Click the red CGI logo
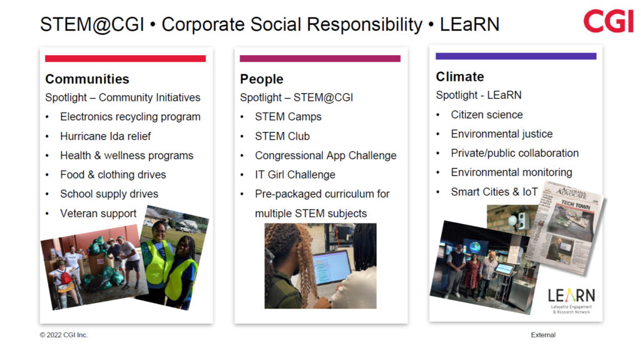608,21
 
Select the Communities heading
87,79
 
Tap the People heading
262,79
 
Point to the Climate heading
460,76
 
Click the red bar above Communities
125,58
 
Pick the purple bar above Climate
516,56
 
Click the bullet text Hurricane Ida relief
105,136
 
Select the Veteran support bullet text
98,213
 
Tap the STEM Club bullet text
282,136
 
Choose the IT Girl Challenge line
295,175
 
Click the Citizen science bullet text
487,115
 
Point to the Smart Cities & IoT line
495,192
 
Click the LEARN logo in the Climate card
571,301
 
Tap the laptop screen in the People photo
332,268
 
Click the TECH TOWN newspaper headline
576,205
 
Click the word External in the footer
543,335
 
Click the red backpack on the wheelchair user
65,277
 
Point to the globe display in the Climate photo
475,247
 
